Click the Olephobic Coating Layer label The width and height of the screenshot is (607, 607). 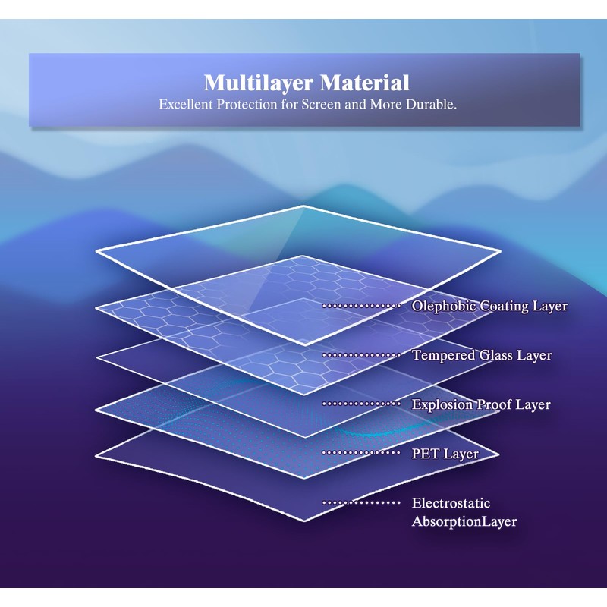[x=489, y=307]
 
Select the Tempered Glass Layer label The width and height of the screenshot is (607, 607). [x=482, y=355]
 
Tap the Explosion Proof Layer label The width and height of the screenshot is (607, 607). [x=481, y=404]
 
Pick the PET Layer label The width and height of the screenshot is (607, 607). [x=445, y=454]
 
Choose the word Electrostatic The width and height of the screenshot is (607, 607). [x=451, y=503]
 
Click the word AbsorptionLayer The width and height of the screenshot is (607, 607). [x=464, y=521]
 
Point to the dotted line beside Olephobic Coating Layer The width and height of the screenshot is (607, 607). [x=361, y=306]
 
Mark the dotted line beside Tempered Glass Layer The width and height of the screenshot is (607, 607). [x=361, y=354]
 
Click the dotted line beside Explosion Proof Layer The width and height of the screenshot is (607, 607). [x=361, y=404]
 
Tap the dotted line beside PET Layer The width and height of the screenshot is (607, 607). [x=361, y=453]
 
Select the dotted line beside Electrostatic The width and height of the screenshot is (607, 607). [x=361, y=502]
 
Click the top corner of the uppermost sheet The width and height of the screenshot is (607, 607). [x=305, y=206]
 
